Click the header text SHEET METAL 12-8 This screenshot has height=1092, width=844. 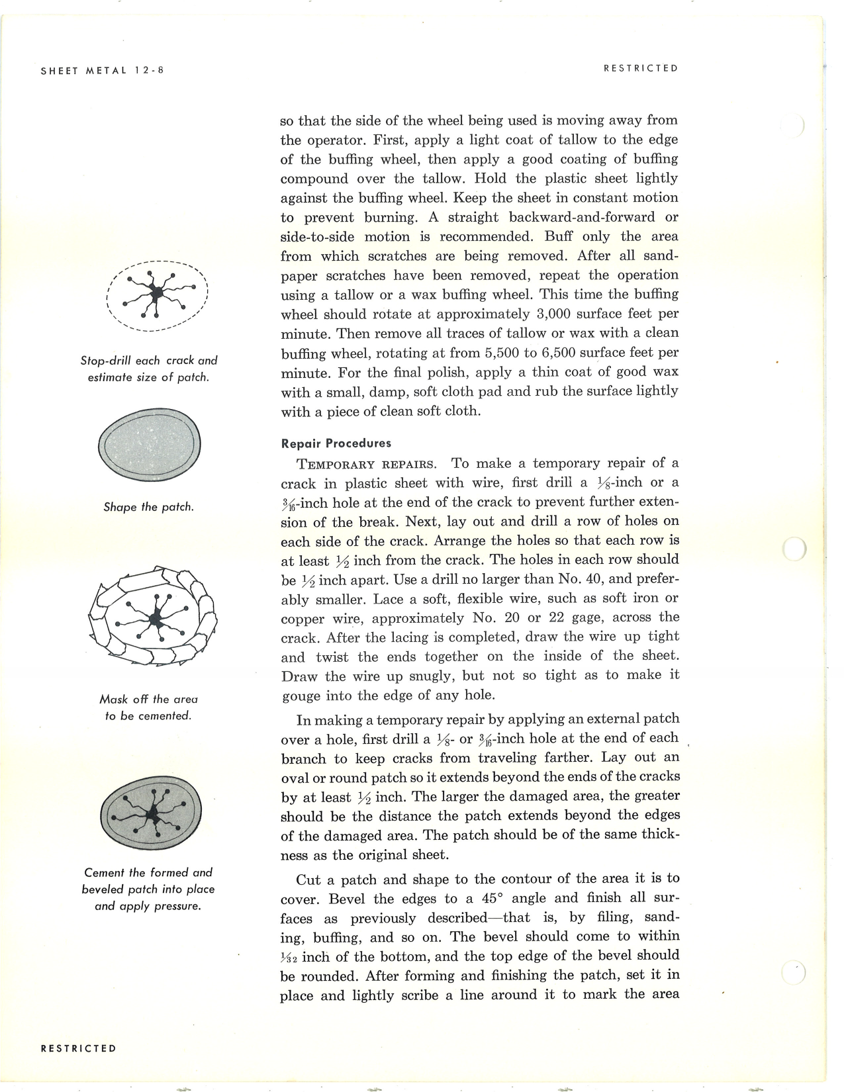pyautogui.click(x=102, y=69)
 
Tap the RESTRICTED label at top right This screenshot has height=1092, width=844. pyautogui.click(x=640, y=68)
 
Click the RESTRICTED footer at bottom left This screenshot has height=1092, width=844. pyautogui.click(x=78, y=1048)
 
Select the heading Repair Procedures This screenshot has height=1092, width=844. pyautogui.click(x=336, y=443)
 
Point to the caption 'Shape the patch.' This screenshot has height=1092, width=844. pyautogui.click(x=148, y=507)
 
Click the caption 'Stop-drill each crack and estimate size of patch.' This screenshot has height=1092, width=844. pyautogui.click(x=148, y=369)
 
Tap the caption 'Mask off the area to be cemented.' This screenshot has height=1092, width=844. pyautogui.click(x=148, y=707)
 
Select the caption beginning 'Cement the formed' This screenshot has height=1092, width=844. pyautogui.click(x=148, y=889)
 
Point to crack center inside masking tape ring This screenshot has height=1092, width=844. pyautogui.click(x=156, y=619)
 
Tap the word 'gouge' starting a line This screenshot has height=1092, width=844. pyautogui.click(x=303, y=696)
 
